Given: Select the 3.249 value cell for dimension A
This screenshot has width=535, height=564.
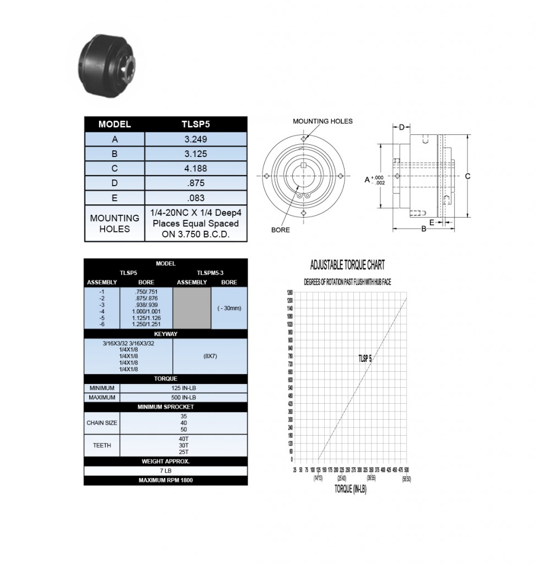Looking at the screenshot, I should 196,139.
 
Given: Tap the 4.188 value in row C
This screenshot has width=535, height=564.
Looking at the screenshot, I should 196,169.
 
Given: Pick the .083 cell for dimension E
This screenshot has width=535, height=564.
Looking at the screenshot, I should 196,198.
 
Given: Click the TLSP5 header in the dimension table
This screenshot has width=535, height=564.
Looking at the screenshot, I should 196,124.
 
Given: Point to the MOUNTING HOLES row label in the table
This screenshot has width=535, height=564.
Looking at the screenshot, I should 114,224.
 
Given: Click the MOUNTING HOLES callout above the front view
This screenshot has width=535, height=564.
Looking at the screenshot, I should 323,121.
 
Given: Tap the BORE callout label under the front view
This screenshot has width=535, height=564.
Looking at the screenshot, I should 280,230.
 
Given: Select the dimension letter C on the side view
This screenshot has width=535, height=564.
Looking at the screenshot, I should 468,176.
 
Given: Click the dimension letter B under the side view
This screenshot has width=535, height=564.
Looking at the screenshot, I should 424,229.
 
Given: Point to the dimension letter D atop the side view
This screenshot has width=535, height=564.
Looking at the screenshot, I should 402,128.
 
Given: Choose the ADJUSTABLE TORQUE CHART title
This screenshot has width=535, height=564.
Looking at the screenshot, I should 347,265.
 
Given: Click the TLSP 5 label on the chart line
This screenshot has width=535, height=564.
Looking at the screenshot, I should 365,359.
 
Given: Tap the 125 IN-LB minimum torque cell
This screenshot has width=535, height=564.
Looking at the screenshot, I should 183,388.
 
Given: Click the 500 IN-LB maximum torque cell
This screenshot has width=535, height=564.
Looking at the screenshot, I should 183,397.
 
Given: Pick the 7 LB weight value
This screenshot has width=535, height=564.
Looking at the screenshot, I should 166,471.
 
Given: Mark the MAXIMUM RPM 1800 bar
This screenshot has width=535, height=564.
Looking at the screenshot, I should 166,480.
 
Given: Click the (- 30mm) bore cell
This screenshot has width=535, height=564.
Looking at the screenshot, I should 229,308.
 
